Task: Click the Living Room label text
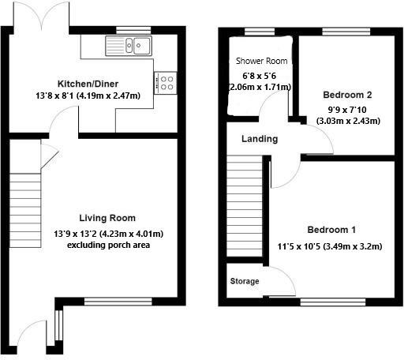[107, 218]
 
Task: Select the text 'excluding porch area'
[107, 246]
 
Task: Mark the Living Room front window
[118, 301]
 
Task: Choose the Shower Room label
[261, 61]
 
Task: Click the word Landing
[260, 139]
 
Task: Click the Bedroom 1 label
[331, 230]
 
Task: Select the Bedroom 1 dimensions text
[331, 246]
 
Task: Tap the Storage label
[244, 281]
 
